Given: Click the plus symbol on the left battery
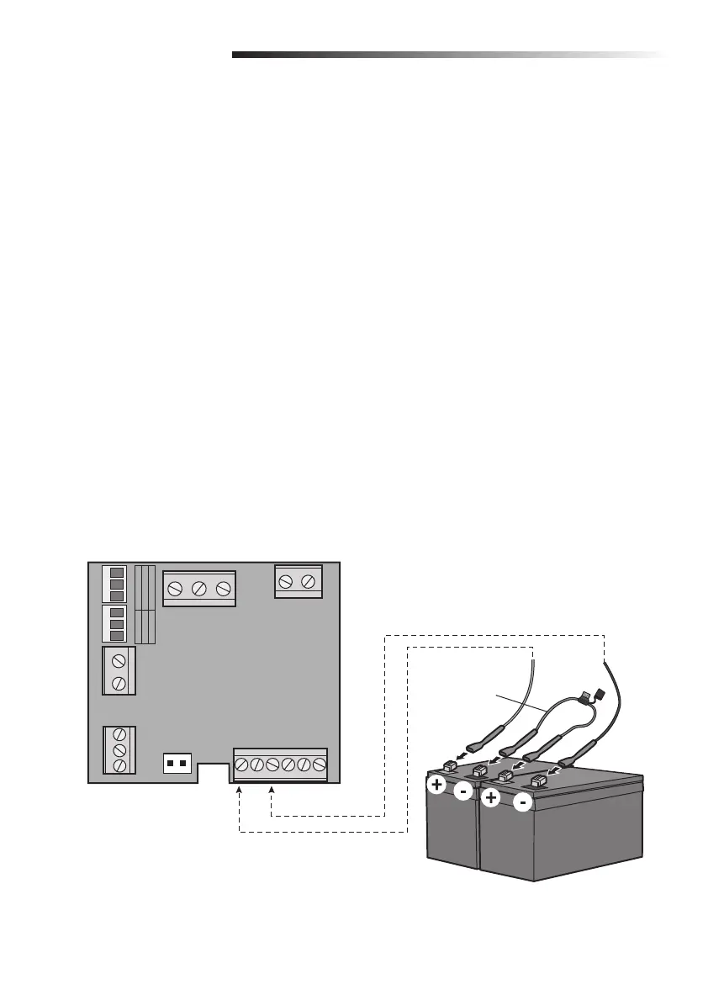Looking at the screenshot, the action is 437,786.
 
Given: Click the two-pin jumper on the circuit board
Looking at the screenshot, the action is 177,763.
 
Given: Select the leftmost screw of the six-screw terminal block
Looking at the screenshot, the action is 242,765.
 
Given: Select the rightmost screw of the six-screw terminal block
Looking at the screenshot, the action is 319,765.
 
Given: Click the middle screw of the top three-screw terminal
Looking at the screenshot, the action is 199,589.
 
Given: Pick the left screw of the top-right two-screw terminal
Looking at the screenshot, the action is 287,581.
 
